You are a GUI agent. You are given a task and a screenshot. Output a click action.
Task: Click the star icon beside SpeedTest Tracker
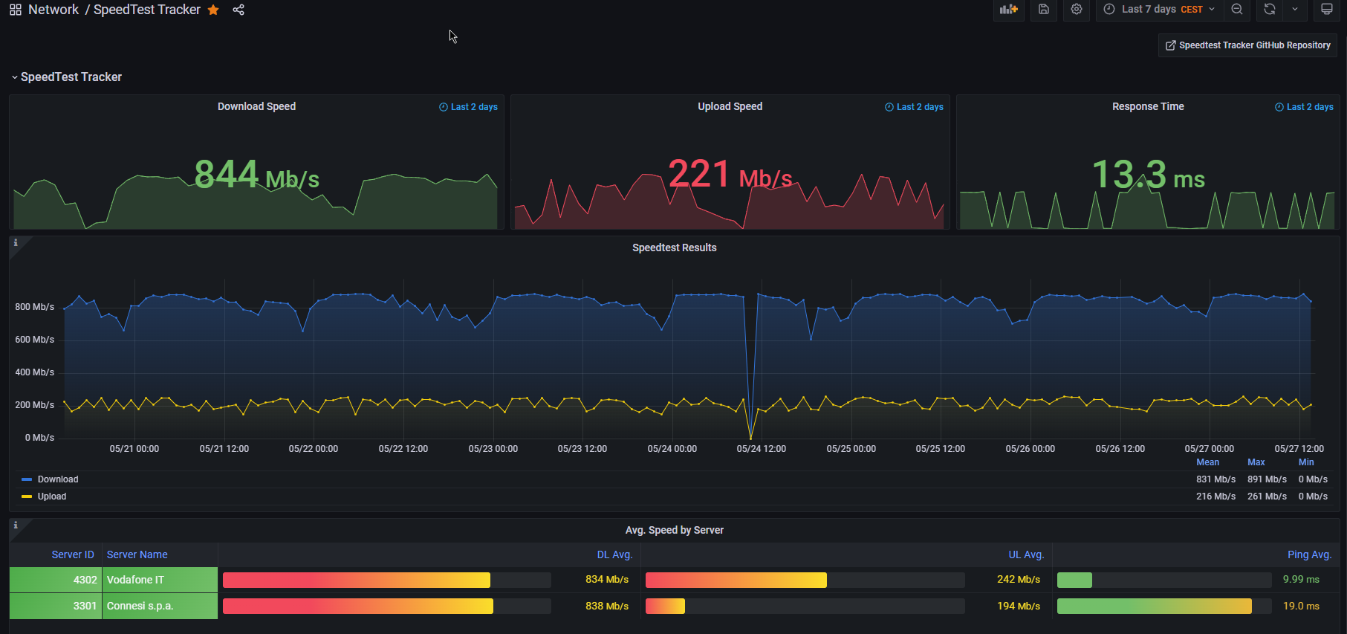pyautogui.click(x=213, y=10)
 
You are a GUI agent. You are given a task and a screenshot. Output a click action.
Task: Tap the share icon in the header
pyautogui.click(x=238, y=10)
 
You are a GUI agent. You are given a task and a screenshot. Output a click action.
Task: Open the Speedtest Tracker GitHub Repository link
pyautogui.click(x=1247, y=45)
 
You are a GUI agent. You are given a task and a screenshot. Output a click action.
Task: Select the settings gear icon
pyautogui.click(x=1077, y=10)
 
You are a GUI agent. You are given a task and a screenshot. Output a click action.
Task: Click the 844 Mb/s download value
pyautogui.click(x=256, y=175)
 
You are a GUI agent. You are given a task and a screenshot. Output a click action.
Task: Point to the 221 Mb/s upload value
pyautogui.click(x=730, y=175)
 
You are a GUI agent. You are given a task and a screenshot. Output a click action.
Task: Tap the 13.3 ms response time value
pyautogui.click(x=1148, y=175)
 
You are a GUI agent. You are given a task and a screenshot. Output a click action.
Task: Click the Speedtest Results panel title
pyautogui.click(x=675, y=248)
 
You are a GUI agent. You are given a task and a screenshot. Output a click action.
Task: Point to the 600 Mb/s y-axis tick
pyautogui.click(x=35, y=340)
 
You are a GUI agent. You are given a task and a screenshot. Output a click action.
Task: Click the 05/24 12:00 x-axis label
pyautogui.click(x=762, y=449)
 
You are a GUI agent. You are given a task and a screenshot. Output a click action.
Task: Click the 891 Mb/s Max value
pyautogui.click(x=1267, y=479)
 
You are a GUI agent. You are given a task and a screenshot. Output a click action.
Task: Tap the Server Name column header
pyautogui.click(x=137, y=554)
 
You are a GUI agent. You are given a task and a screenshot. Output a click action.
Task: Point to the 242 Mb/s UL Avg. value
pyautogui.click(x=1019, y=580)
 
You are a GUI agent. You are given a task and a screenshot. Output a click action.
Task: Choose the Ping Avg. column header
pyautogui.click(x=1310, y=554)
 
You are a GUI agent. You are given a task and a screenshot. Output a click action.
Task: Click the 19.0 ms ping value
pyautogui.click(x=1301, y=606)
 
